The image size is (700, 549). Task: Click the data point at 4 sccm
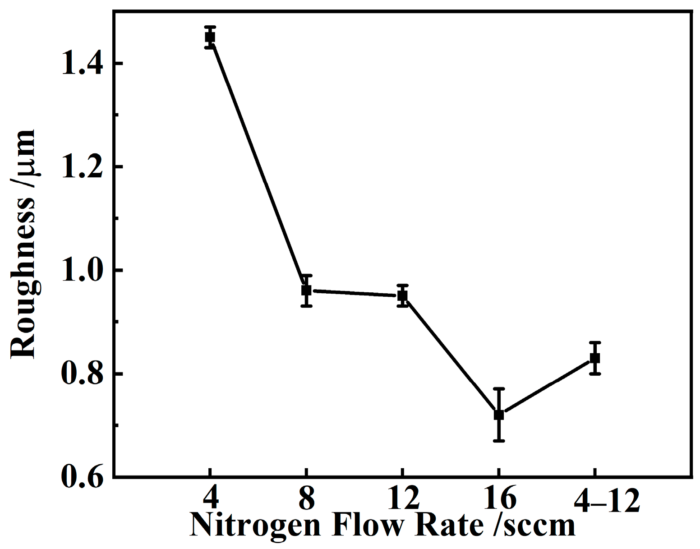coord(210,37)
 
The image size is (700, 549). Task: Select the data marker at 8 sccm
coord(306,290)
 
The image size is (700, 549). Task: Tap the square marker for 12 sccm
coord(402,295)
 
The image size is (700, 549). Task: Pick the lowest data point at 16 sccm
coord(498,414)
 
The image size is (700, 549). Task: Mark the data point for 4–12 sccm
coord(595,358)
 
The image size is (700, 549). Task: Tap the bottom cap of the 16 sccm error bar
coord(498,440)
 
